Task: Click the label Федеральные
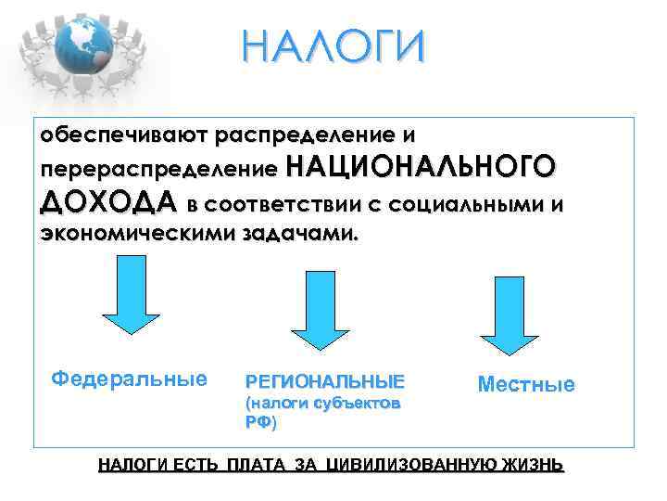(129, 379)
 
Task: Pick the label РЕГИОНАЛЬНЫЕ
(324, 381)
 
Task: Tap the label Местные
(525, 384)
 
